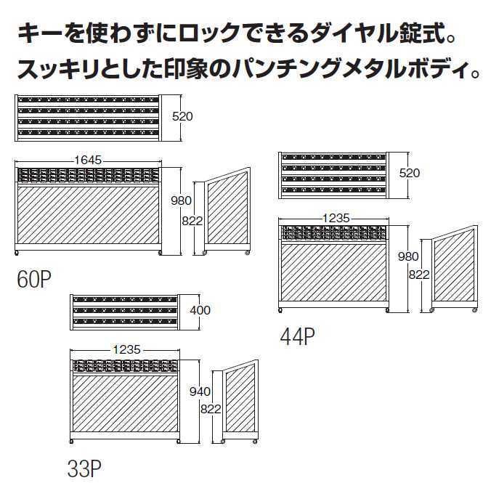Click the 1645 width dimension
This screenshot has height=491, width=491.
tap(88, 160)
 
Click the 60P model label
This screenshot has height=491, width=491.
tap(34, 280)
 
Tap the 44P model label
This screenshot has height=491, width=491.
tap(298, 336)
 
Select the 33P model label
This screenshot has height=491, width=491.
tap(84, 468)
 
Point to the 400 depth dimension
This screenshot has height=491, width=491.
tap(200, 310)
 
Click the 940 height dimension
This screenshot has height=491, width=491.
tap(200, 391)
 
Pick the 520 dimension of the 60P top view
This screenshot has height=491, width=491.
tap(182, 116)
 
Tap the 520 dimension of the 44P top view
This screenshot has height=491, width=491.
tap(409, 173)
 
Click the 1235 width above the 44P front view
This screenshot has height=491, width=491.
tap(336, 218)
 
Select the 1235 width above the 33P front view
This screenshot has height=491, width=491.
tap(127, 349)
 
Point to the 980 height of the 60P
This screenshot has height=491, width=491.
tap(181, 200)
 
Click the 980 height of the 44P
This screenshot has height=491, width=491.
tap(408, 257)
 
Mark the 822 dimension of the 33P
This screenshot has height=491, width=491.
tap(211, 409)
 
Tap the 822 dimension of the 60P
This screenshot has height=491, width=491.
tap(192, 221)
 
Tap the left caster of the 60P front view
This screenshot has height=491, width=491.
tap(17, 253)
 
